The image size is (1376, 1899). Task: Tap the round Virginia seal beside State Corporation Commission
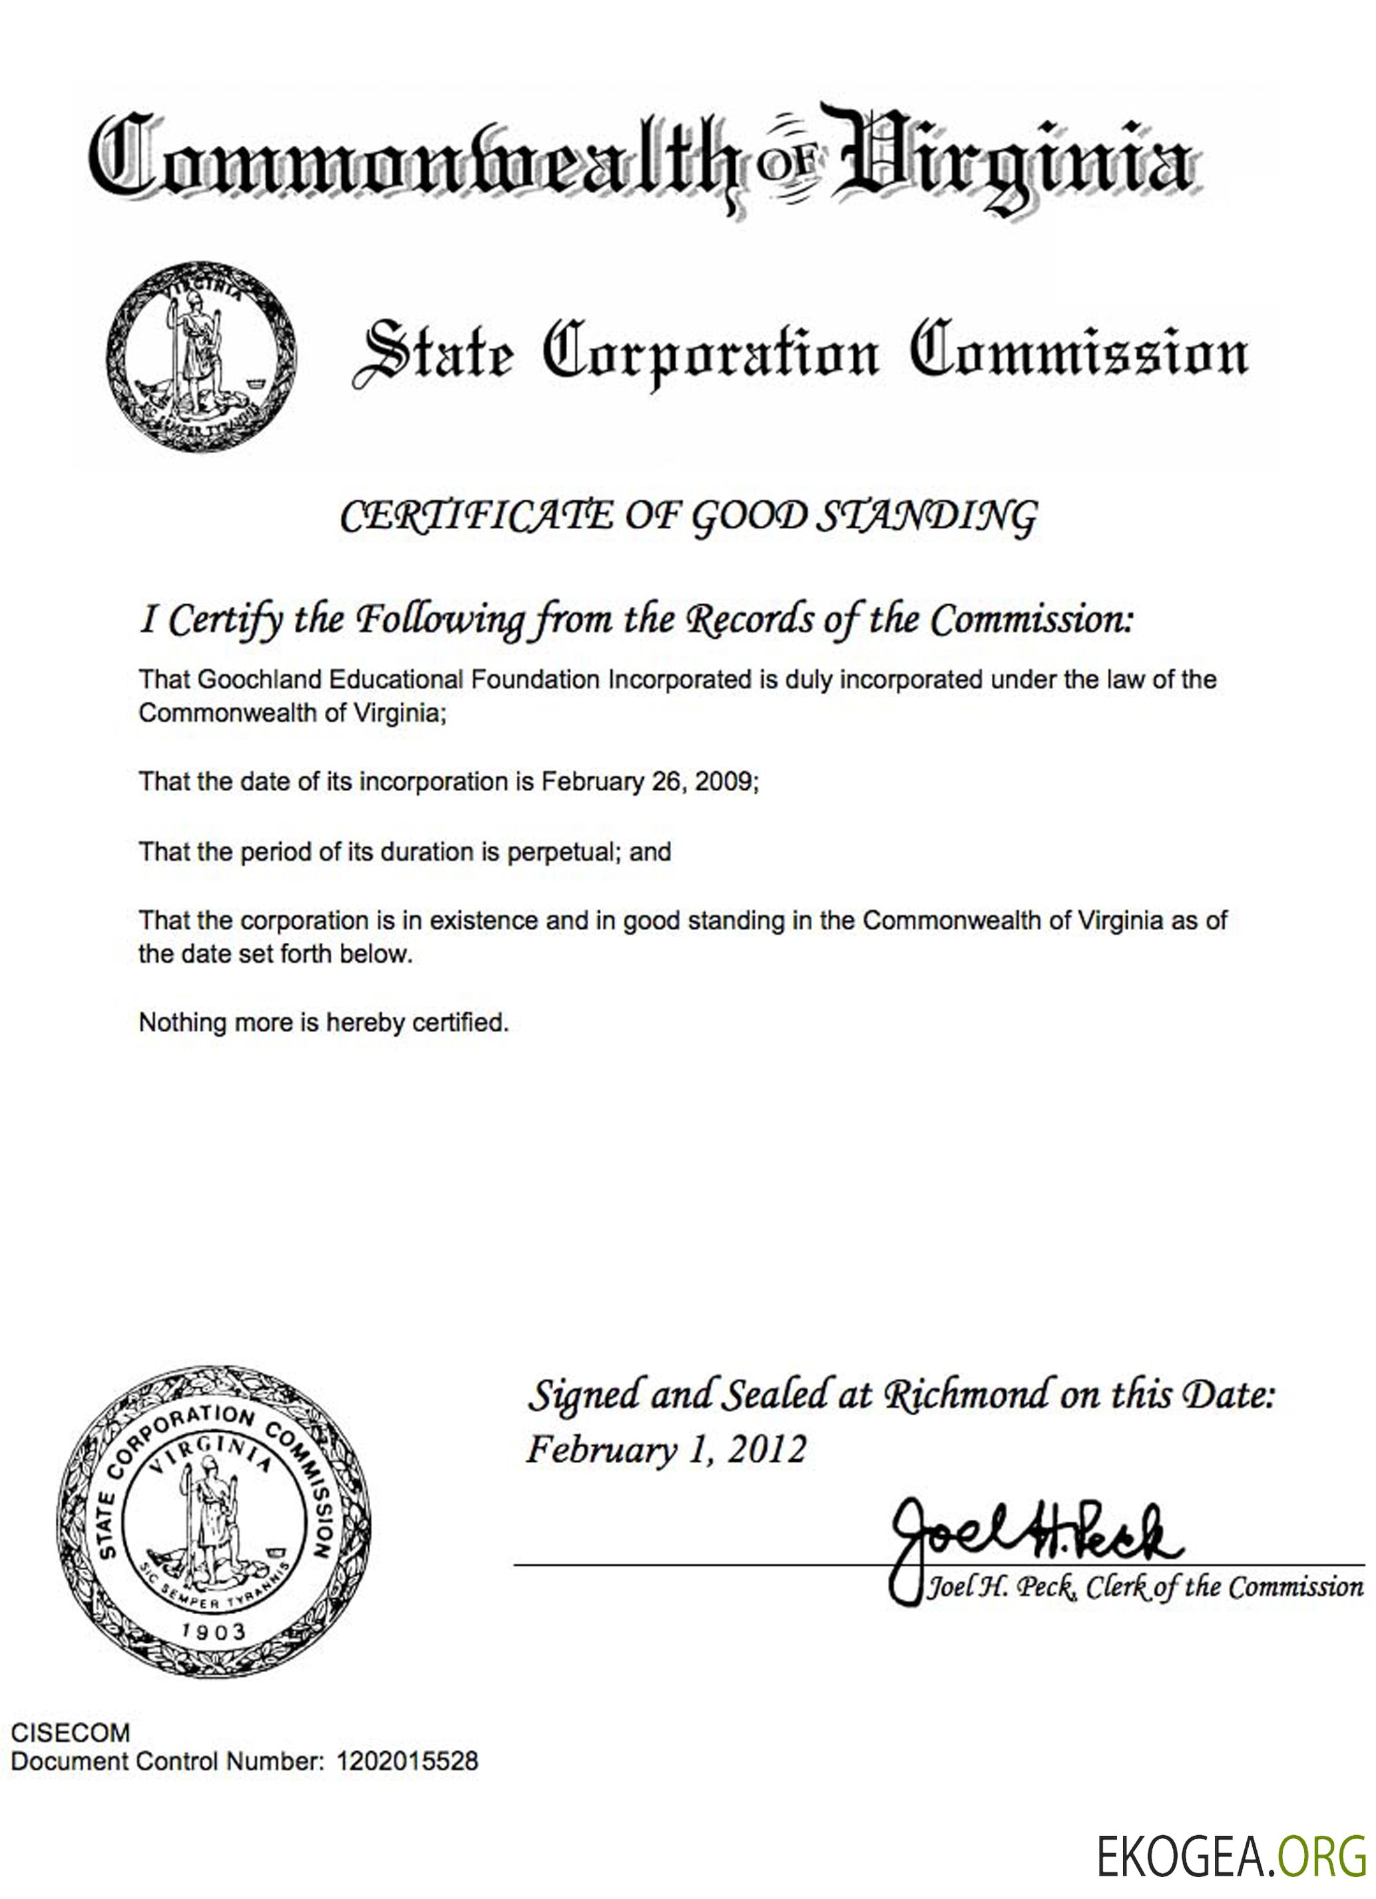[x=201, y=357]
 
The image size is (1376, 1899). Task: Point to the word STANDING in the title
[x=926, y=516]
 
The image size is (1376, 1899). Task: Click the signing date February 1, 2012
[x=666, y=1449]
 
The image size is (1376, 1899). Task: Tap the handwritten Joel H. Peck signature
[x=1034, y=1536]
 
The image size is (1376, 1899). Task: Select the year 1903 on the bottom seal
[x=214, y=1631]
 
